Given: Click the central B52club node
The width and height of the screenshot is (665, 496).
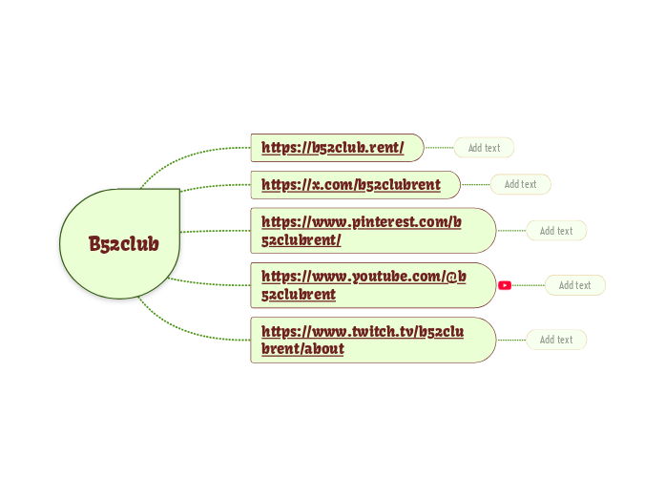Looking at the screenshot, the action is click(122, 244).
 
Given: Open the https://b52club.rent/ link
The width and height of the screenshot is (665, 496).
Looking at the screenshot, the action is click(333, 148).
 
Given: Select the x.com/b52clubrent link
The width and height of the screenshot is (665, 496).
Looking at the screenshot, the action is click(351, 185).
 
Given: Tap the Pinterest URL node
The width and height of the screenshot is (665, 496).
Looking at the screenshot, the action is click(362, 231).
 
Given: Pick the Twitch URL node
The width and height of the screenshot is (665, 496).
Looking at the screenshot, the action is click(363, 341).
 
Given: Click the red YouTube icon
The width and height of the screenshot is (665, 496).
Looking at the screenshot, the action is click(505, 285).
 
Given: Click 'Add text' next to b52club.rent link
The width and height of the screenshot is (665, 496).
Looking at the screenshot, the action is click(484, 148).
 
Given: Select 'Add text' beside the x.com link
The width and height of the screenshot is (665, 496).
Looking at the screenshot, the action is click(520, 184).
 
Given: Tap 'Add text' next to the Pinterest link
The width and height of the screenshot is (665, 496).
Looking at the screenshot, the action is click(556, 231).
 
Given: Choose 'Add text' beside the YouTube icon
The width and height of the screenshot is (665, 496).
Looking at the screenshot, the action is click(574, 285).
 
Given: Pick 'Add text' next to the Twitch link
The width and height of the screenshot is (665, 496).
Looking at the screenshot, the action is click(556, 340).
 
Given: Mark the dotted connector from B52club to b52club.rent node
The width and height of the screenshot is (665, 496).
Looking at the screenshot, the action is click(191, 154).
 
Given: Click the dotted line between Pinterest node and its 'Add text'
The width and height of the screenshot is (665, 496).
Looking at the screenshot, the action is click(511, 231).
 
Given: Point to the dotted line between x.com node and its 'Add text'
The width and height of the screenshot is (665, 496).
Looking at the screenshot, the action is click(475, 184).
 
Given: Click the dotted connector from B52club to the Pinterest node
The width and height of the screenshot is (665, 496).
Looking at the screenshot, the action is click(215, 231).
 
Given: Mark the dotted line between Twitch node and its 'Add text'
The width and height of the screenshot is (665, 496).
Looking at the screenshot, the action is click(511, 340).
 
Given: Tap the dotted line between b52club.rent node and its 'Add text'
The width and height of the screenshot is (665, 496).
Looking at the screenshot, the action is click(439, 148).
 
